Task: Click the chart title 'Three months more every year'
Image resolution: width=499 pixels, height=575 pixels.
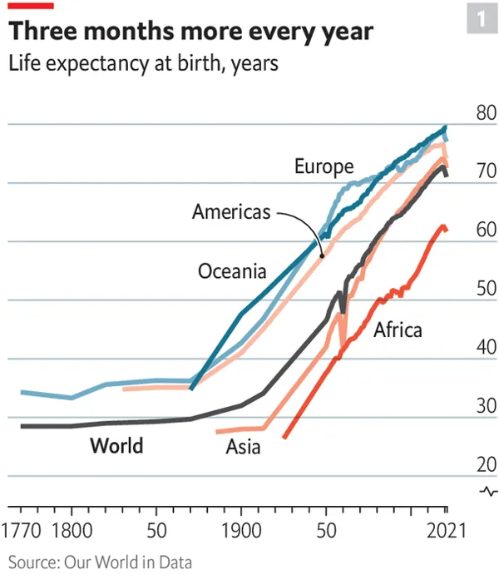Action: click(190, 32)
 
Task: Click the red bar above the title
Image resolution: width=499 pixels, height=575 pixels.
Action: click(31, 7)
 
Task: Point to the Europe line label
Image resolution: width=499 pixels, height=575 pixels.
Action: click(324, 167)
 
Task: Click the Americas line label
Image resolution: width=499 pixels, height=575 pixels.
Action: click(231, 212)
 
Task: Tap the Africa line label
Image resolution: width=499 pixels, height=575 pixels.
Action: click(398, 330)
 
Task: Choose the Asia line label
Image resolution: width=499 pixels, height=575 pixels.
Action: click(243, 448)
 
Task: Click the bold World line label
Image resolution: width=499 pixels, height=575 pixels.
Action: click(116, 445)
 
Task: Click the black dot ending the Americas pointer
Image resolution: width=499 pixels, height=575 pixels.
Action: click(322, 255)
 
